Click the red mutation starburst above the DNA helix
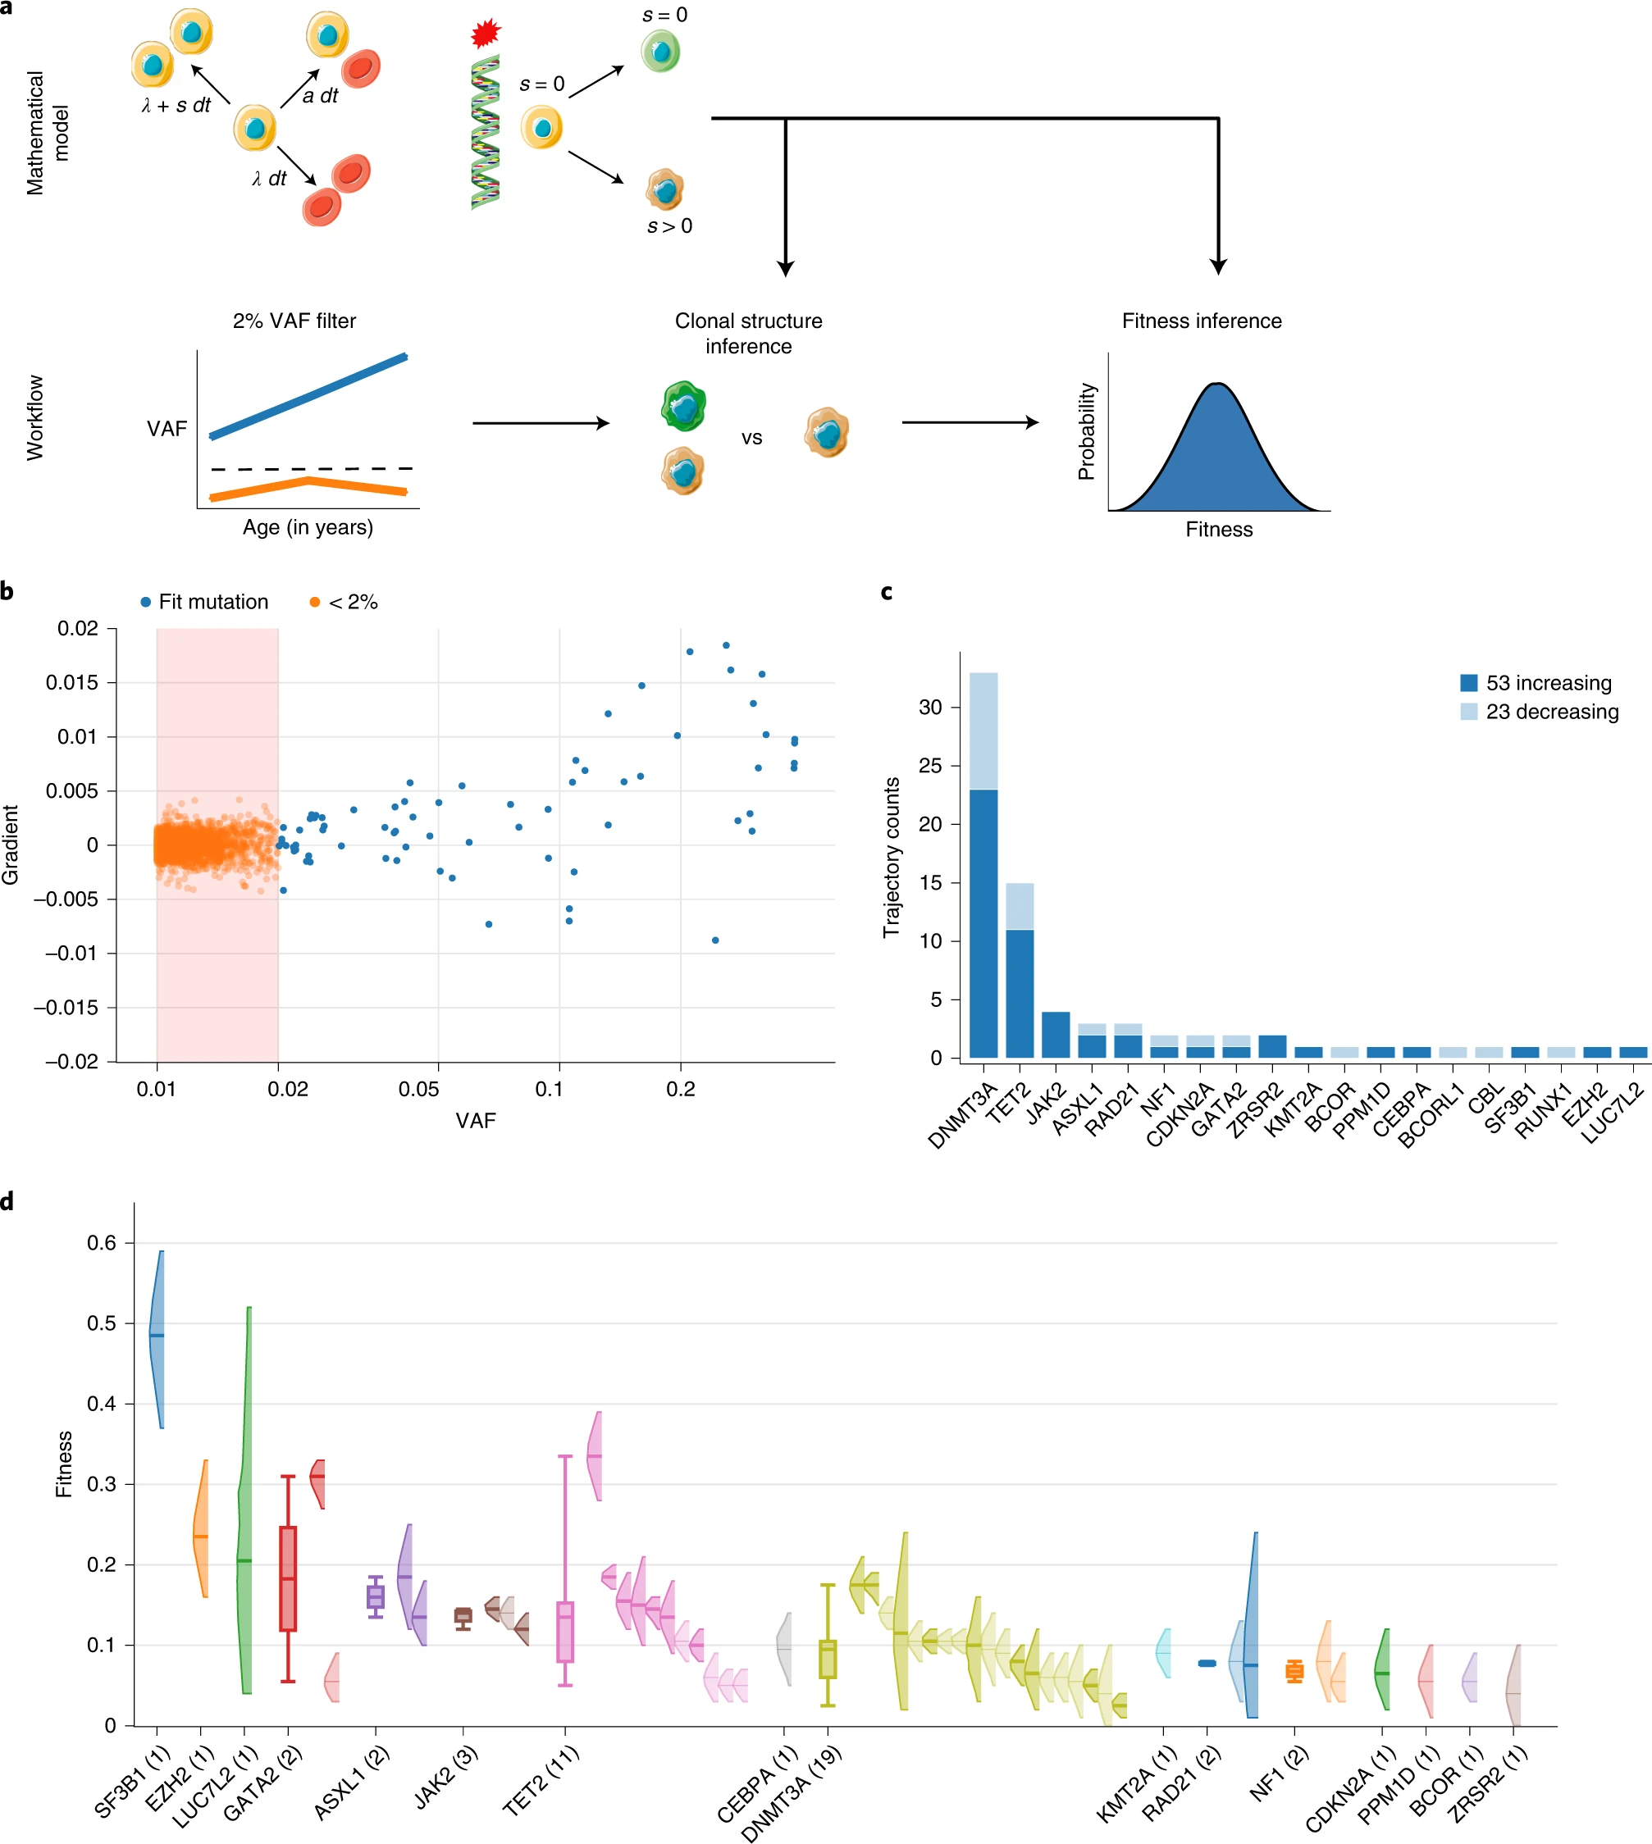(x=486, y=34)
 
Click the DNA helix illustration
(x=486, y=131)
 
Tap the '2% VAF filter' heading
(x=294, y=321)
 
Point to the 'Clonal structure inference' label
(x=748, y=333)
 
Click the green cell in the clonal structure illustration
(x=683, y=406)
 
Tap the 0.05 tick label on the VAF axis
(x=418, y=1089)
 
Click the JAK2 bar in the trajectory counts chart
(x=1056, y=1035)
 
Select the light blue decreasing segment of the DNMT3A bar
(x=983, y=731)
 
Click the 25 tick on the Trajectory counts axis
(x=930, y=766)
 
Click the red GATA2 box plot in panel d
(x=288, y=1579)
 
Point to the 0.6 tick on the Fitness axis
(x=102, y=1242)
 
